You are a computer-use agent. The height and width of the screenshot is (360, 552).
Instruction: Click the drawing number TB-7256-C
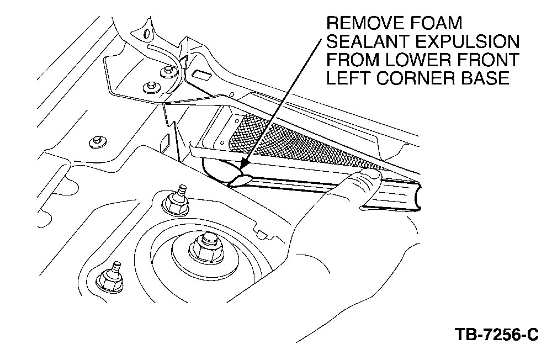(x=496, y=335)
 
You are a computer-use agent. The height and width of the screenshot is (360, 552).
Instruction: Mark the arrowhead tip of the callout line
(x=241, y=167)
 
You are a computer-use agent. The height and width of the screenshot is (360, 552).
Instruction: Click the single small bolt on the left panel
(x=97, y=142)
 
